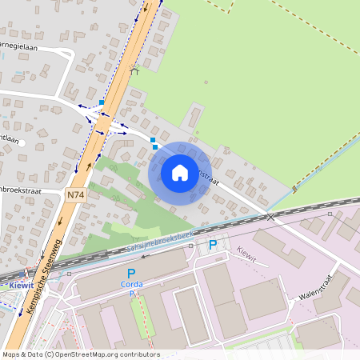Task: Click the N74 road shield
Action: [75, 194]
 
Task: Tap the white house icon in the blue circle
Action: [180, 173]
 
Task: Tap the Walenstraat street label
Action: [315, 284]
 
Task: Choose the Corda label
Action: [131, 284]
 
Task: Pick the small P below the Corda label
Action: [131, 294]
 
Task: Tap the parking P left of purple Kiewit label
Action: [213, 245]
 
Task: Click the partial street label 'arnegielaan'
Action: [17, 46]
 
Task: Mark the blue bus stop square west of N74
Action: [102, 102]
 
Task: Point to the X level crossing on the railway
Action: [271, 216]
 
